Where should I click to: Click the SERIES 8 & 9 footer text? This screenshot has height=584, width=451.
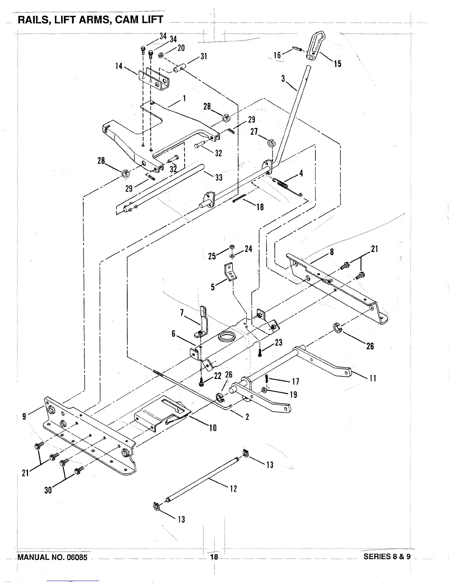(387, 556)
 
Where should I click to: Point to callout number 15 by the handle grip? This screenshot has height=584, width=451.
(338, 64)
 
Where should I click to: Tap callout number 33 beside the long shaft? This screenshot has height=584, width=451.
(219, 177)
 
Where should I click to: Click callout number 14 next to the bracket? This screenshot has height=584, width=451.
(119, 66)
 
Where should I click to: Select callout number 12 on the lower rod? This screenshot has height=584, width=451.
(233, 489)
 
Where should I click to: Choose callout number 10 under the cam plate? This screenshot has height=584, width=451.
(213, 428)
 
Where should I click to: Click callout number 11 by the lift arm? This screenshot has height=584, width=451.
(373, 378)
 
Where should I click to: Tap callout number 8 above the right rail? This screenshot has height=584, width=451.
(332, 252)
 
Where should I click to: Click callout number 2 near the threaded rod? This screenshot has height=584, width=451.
(247, 417)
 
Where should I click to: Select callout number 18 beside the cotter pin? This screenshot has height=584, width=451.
(260, 207)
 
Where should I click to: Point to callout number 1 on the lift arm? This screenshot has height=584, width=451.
(184, 98)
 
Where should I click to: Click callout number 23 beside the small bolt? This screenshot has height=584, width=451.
(278, 342)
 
